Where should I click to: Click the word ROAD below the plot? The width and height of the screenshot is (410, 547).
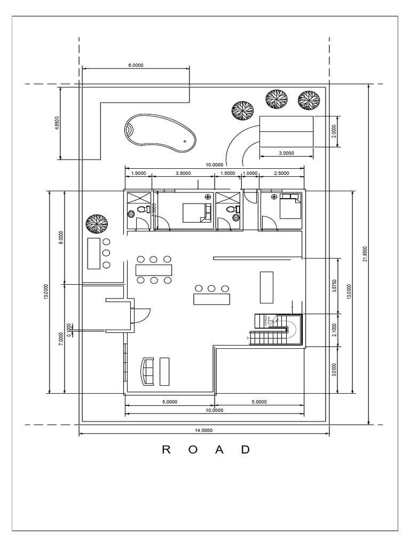(x=206, y=450)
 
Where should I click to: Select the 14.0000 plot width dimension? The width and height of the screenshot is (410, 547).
(x=204, y=430)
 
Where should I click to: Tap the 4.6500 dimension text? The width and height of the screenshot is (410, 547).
(x=57, y=123)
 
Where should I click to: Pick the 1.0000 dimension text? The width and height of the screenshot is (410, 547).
(x=250, y=174)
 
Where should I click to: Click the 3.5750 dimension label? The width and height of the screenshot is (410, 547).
(x=334, y=287)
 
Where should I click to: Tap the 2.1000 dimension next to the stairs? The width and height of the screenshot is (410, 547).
(x=334, y=329)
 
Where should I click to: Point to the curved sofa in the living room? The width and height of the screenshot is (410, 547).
(x=147, y=371)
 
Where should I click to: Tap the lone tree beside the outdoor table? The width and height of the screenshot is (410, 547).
(x=97, y=224)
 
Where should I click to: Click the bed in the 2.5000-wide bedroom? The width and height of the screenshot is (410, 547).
(x=289, y=207)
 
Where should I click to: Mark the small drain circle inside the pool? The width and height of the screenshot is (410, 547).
(x=185, y=141)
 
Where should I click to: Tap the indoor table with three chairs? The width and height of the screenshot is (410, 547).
(x=212, y=298)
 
